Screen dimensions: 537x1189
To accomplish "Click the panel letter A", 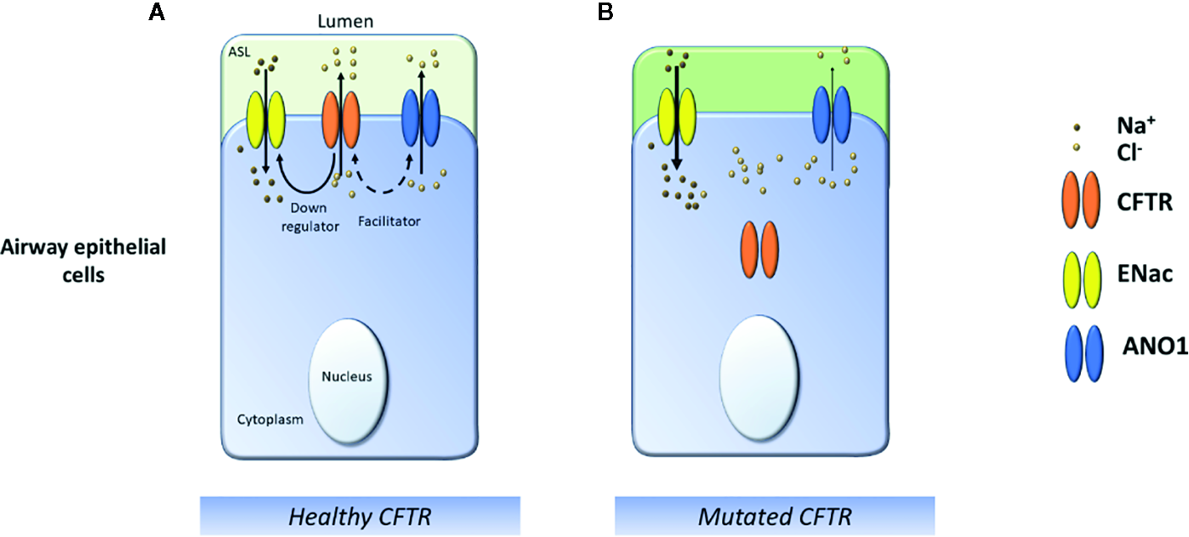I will [x=156, y=12].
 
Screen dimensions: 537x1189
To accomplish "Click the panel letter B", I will [x=603, y=12].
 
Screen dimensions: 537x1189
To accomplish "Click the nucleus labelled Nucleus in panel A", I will [x=347, y=376].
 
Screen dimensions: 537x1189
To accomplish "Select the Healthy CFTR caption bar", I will [x=360, y=516].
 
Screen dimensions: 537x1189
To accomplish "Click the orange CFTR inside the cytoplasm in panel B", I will [x=760, y=250].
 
